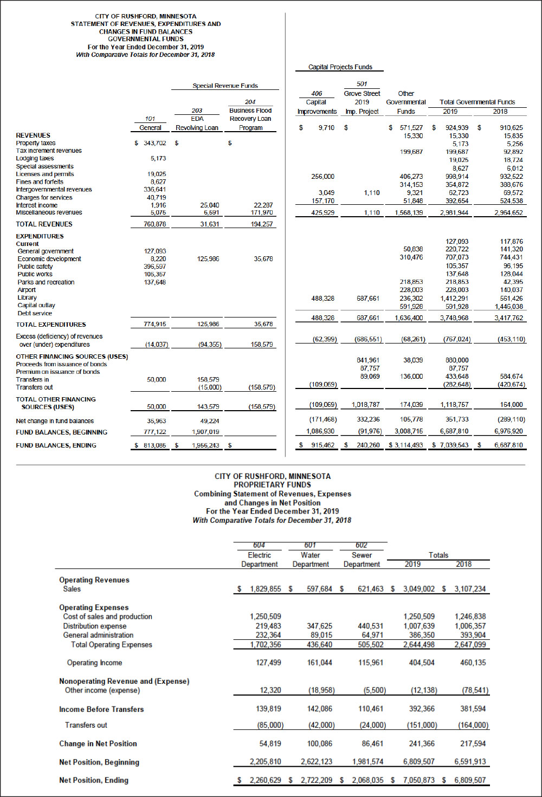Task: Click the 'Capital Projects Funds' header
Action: [340, 67]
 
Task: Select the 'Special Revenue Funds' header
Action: [225, 86]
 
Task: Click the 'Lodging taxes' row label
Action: [35, 158]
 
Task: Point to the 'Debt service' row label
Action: [35, 313]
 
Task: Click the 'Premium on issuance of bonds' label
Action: [57, 372]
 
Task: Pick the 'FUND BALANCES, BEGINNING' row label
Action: [61, 432]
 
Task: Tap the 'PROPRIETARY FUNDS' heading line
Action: [272, 485]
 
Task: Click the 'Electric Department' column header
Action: [259, 560]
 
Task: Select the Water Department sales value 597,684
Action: [319, 589]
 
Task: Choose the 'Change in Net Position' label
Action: [98, 744]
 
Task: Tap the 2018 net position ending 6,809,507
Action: [470, 780]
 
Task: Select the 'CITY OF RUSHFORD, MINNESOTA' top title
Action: [146, 16]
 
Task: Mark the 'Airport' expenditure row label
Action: [27, 290]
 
